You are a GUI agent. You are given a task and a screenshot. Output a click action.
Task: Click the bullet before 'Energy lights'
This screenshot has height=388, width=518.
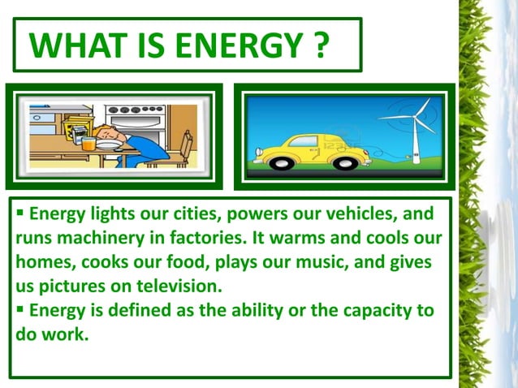pyautogui.click(x=19, y=216)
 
